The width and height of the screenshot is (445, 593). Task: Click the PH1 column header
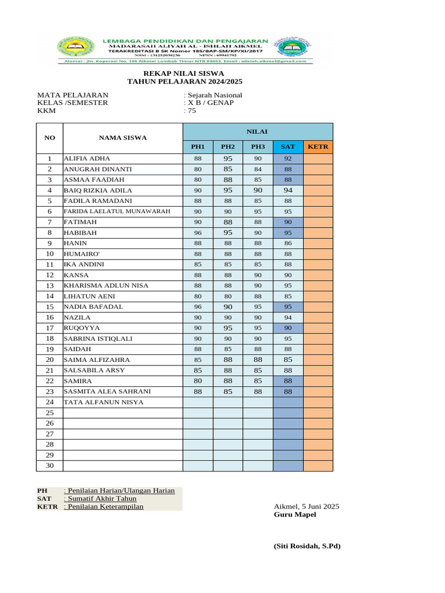(x=198, y=147)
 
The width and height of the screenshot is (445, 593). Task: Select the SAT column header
(x=288, y=147)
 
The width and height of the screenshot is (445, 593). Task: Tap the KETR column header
(x=318, y=147)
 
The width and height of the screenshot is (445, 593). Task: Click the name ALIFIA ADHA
(x=86, y=159)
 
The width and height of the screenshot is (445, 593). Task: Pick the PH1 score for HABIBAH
(x=198, y=233)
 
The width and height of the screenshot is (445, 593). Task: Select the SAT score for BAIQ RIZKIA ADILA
(x=288, y=191)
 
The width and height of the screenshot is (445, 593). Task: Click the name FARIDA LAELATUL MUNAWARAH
(x=117, y=211)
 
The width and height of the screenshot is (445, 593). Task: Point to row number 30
(x=50, y=466)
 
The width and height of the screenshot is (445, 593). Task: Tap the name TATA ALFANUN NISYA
(x=103, y=402)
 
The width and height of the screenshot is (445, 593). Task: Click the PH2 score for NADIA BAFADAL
(x=228, y=307)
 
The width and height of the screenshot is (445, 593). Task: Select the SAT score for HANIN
(x=288, y=244)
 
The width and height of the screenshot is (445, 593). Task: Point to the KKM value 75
(x=191, y=111)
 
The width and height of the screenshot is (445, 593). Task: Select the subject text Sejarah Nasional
(x=214, y=95)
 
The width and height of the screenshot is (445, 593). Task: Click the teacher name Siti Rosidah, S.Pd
(x=307, y=546)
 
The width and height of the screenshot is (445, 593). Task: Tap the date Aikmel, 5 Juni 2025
(x=306, y=507)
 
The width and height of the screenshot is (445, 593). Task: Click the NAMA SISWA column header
(x=122, y=138)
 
